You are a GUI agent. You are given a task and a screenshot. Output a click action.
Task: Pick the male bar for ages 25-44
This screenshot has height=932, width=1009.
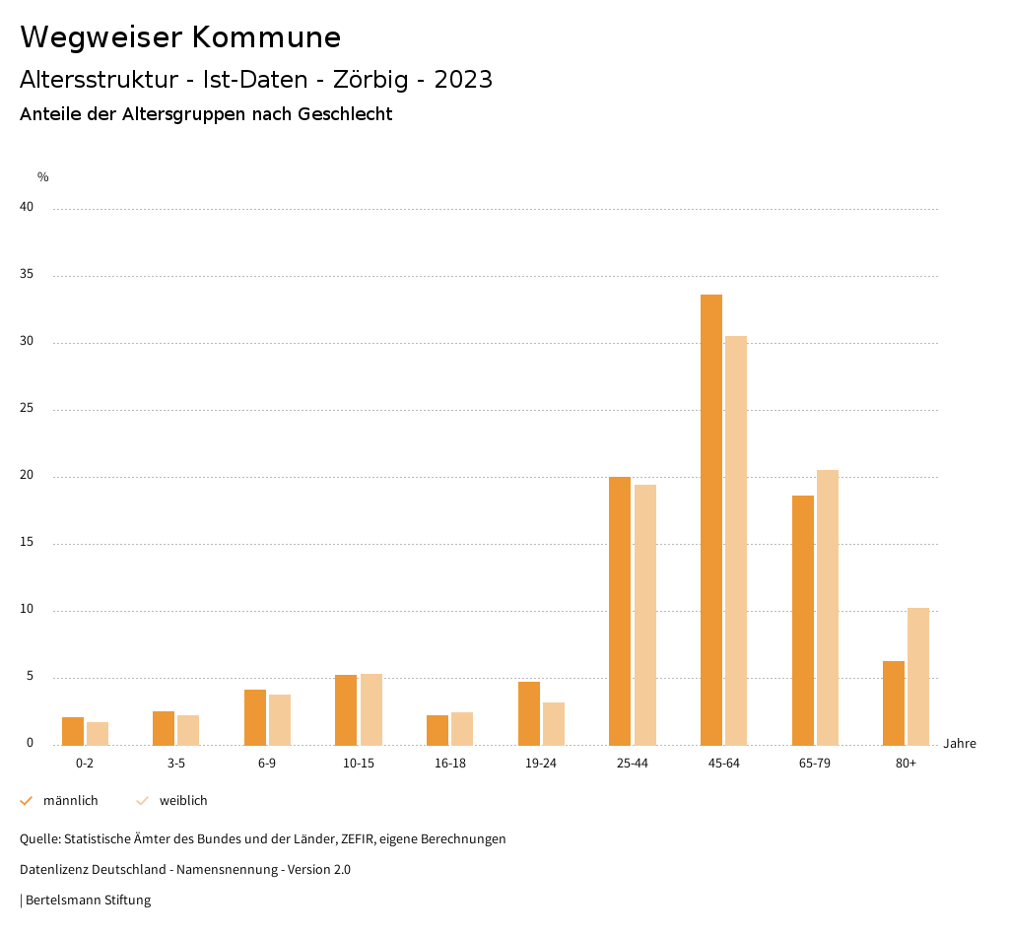pyautogui.click(x=620, y=611)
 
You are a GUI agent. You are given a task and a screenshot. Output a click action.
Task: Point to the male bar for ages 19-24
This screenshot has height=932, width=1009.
pyautogui.click(x=529, y=713)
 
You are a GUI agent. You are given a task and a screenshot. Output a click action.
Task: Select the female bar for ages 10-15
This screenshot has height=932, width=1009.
pyautogui.click(x=371, y=709)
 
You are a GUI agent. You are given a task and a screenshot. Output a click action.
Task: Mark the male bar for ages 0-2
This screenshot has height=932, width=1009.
pyautogui.click(x=73, y=731)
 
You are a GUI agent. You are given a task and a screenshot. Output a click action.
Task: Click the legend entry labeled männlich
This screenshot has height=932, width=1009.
pyautogui.click(x=70, y=801)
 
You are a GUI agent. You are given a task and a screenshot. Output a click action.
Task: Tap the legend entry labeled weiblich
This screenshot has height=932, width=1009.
pyautogui.click(x=183, y=801)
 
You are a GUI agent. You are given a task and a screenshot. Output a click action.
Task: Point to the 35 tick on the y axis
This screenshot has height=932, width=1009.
pyautogui.click(x=28, y=275)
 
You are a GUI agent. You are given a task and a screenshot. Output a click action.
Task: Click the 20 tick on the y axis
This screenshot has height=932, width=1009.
pyautogui.click(x=28, y=476)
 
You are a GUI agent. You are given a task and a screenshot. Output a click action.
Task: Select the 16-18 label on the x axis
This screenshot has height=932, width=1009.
pyautogui.click(x=450, y=764)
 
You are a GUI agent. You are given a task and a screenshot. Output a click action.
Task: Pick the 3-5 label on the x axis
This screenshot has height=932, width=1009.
pyautogui.click(x=176, y=764)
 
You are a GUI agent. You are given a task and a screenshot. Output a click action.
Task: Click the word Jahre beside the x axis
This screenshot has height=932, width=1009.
pyautogui.click(x=959, y=744)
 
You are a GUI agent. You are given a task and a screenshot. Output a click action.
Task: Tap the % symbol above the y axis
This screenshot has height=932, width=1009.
pyautogui.click(x=43, y=177)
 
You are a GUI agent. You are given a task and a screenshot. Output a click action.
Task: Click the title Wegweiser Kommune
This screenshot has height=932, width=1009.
pyautogui.click(x=180, y=37)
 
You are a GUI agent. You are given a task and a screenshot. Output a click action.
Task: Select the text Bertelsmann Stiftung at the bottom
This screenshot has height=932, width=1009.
pyautogui.click(x=88, y=899)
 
